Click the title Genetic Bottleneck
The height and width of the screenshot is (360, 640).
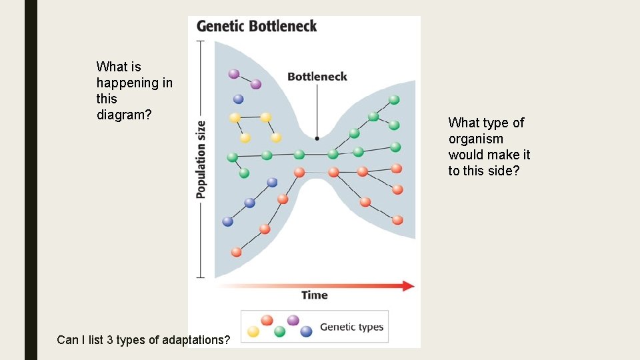pos(257,27)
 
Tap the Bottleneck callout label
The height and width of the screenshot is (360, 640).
pos(317,77)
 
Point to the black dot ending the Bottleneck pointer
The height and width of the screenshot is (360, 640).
pos(317,139)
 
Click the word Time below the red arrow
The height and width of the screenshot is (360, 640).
pos(314,295)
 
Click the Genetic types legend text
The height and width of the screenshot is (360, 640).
pos(351,327)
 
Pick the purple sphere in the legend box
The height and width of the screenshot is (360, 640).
pos(293,320)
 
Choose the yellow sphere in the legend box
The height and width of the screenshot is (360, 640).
pos(253,331)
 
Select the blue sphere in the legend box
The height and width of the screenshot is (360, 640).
pos(306,331)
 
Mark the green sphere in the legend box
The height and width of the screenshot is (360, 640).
pos(280,331)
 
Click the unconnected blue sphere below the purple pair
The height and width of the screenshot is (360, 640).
pos(238,99)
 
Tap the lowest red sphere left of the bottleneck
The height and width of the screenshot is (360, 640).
pos(236,252)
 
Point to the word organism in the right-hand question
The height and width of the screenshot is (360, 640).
pos(475,139)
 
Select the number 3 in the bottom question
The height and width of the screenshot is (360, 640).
pos(110,340)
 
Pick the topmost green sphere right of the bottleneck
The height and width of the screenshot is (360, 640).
pos(394,100)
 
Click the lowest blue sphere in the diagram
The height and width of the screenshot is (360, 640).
pos(228,221)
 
